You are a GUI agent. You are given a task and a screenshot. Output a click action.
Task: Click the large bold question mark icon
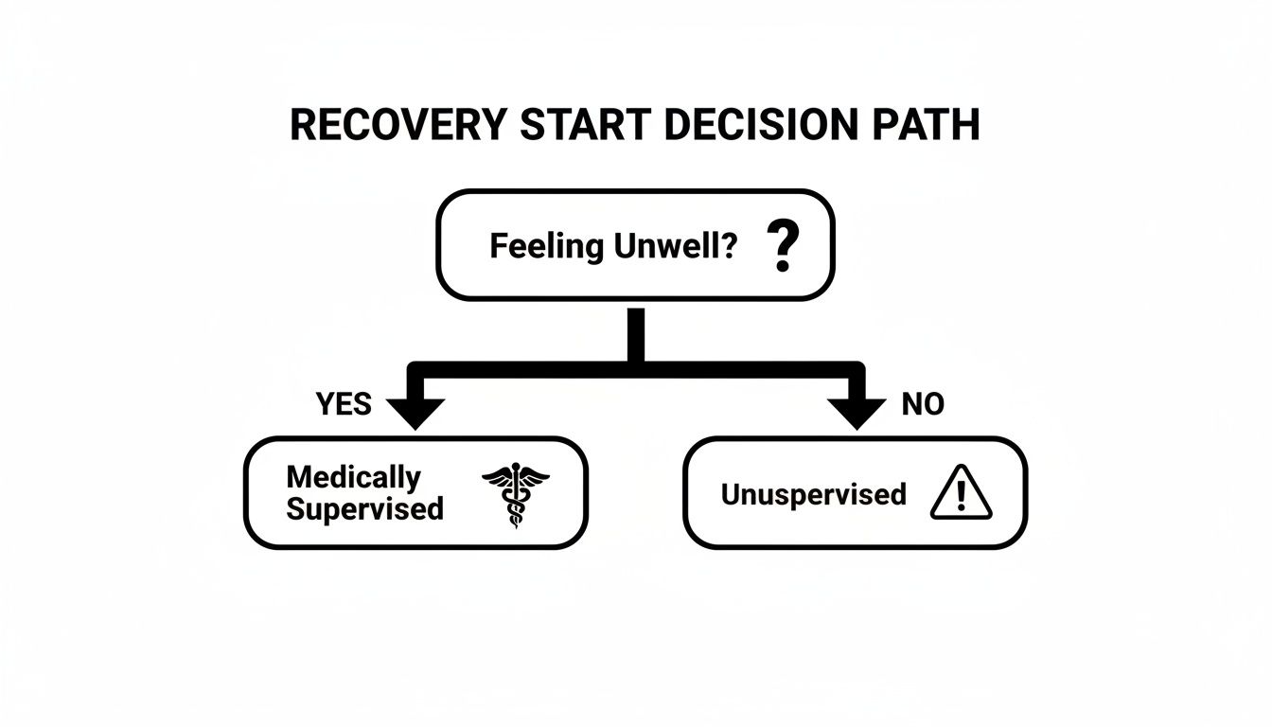point(781,246)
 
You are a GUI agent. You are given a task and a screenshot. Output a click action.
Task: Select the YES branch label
point(344,404)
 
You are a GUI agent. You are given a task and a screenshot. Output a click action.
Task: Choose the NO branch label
point(923,404)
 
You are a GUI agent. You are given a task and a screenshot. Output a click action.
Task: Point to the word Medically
point(353,476)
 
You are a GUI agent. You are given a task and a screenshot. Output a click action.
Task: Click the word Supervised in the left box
point(364,508)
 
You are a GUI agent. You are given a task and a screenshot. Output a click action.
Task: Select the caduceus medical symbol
point(516,494)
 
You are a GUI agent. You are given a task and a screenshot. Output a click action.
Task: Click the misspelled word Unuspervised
point(813,494)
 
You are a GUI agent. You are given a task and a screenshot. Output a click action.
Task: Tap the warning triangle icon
point(961,494)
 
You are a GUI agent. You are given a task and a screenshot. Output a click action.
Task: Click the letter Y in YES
point(325,404)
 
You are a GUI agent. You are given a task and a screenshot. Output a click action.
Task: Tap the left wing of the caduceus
point(498,476)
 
